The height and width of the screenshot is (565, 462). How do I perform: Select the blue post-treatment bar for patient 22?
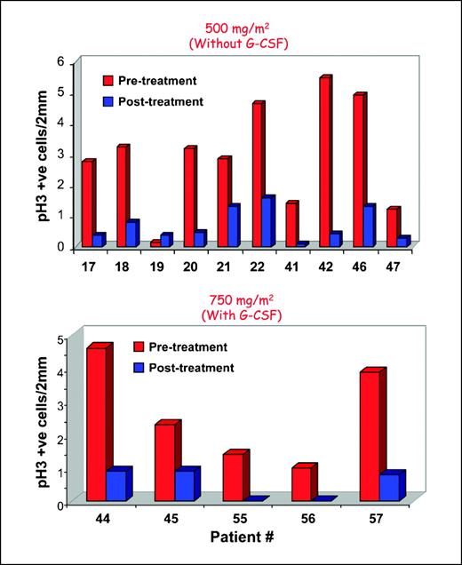click(x=267, y=221)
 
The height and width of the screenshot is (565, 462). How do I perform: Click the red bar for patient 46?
click(x=358, y=170)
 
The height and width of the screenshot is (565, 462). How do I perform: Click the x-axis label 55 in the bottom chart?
click(x=232, y=515)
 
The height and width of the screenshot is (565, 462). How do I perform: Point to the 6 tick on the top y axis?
click(x=60, y=62)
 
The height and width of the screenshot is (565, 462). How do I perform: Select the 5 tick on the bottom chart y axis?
click(x=60, y=339)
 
